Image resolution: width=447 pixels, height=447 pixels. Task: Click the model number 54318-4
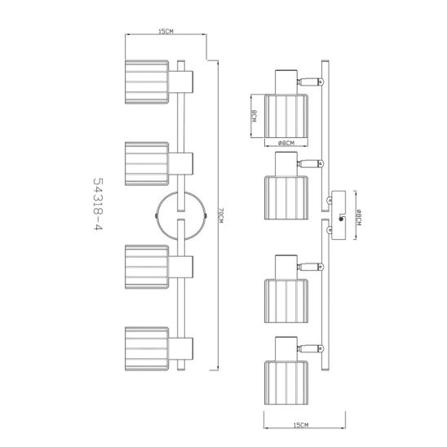pos(98,206)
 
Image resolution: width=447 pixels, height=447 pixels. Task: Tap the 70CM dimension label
pos(222,216)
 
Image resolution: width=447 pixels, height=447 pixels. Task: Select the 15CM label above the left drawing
pos(166,31)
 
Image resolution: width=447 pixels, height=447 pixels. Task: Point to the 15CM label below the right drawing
pos(301,425)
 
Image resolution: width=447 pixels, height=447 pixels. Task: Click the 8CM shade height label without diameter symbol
pos(254,117)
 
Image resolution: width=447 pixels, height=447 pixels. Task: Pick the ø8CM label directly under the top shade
pos(286,143)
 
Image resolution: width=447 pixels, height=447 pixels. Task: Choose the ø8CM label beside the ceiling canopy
pos(359,217)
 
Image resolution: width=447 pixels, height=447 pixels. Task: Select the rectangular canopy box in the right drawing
pos(339,215)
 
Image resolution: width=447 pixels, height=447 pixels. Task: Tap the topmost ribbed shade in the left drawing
pos(147,82)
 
